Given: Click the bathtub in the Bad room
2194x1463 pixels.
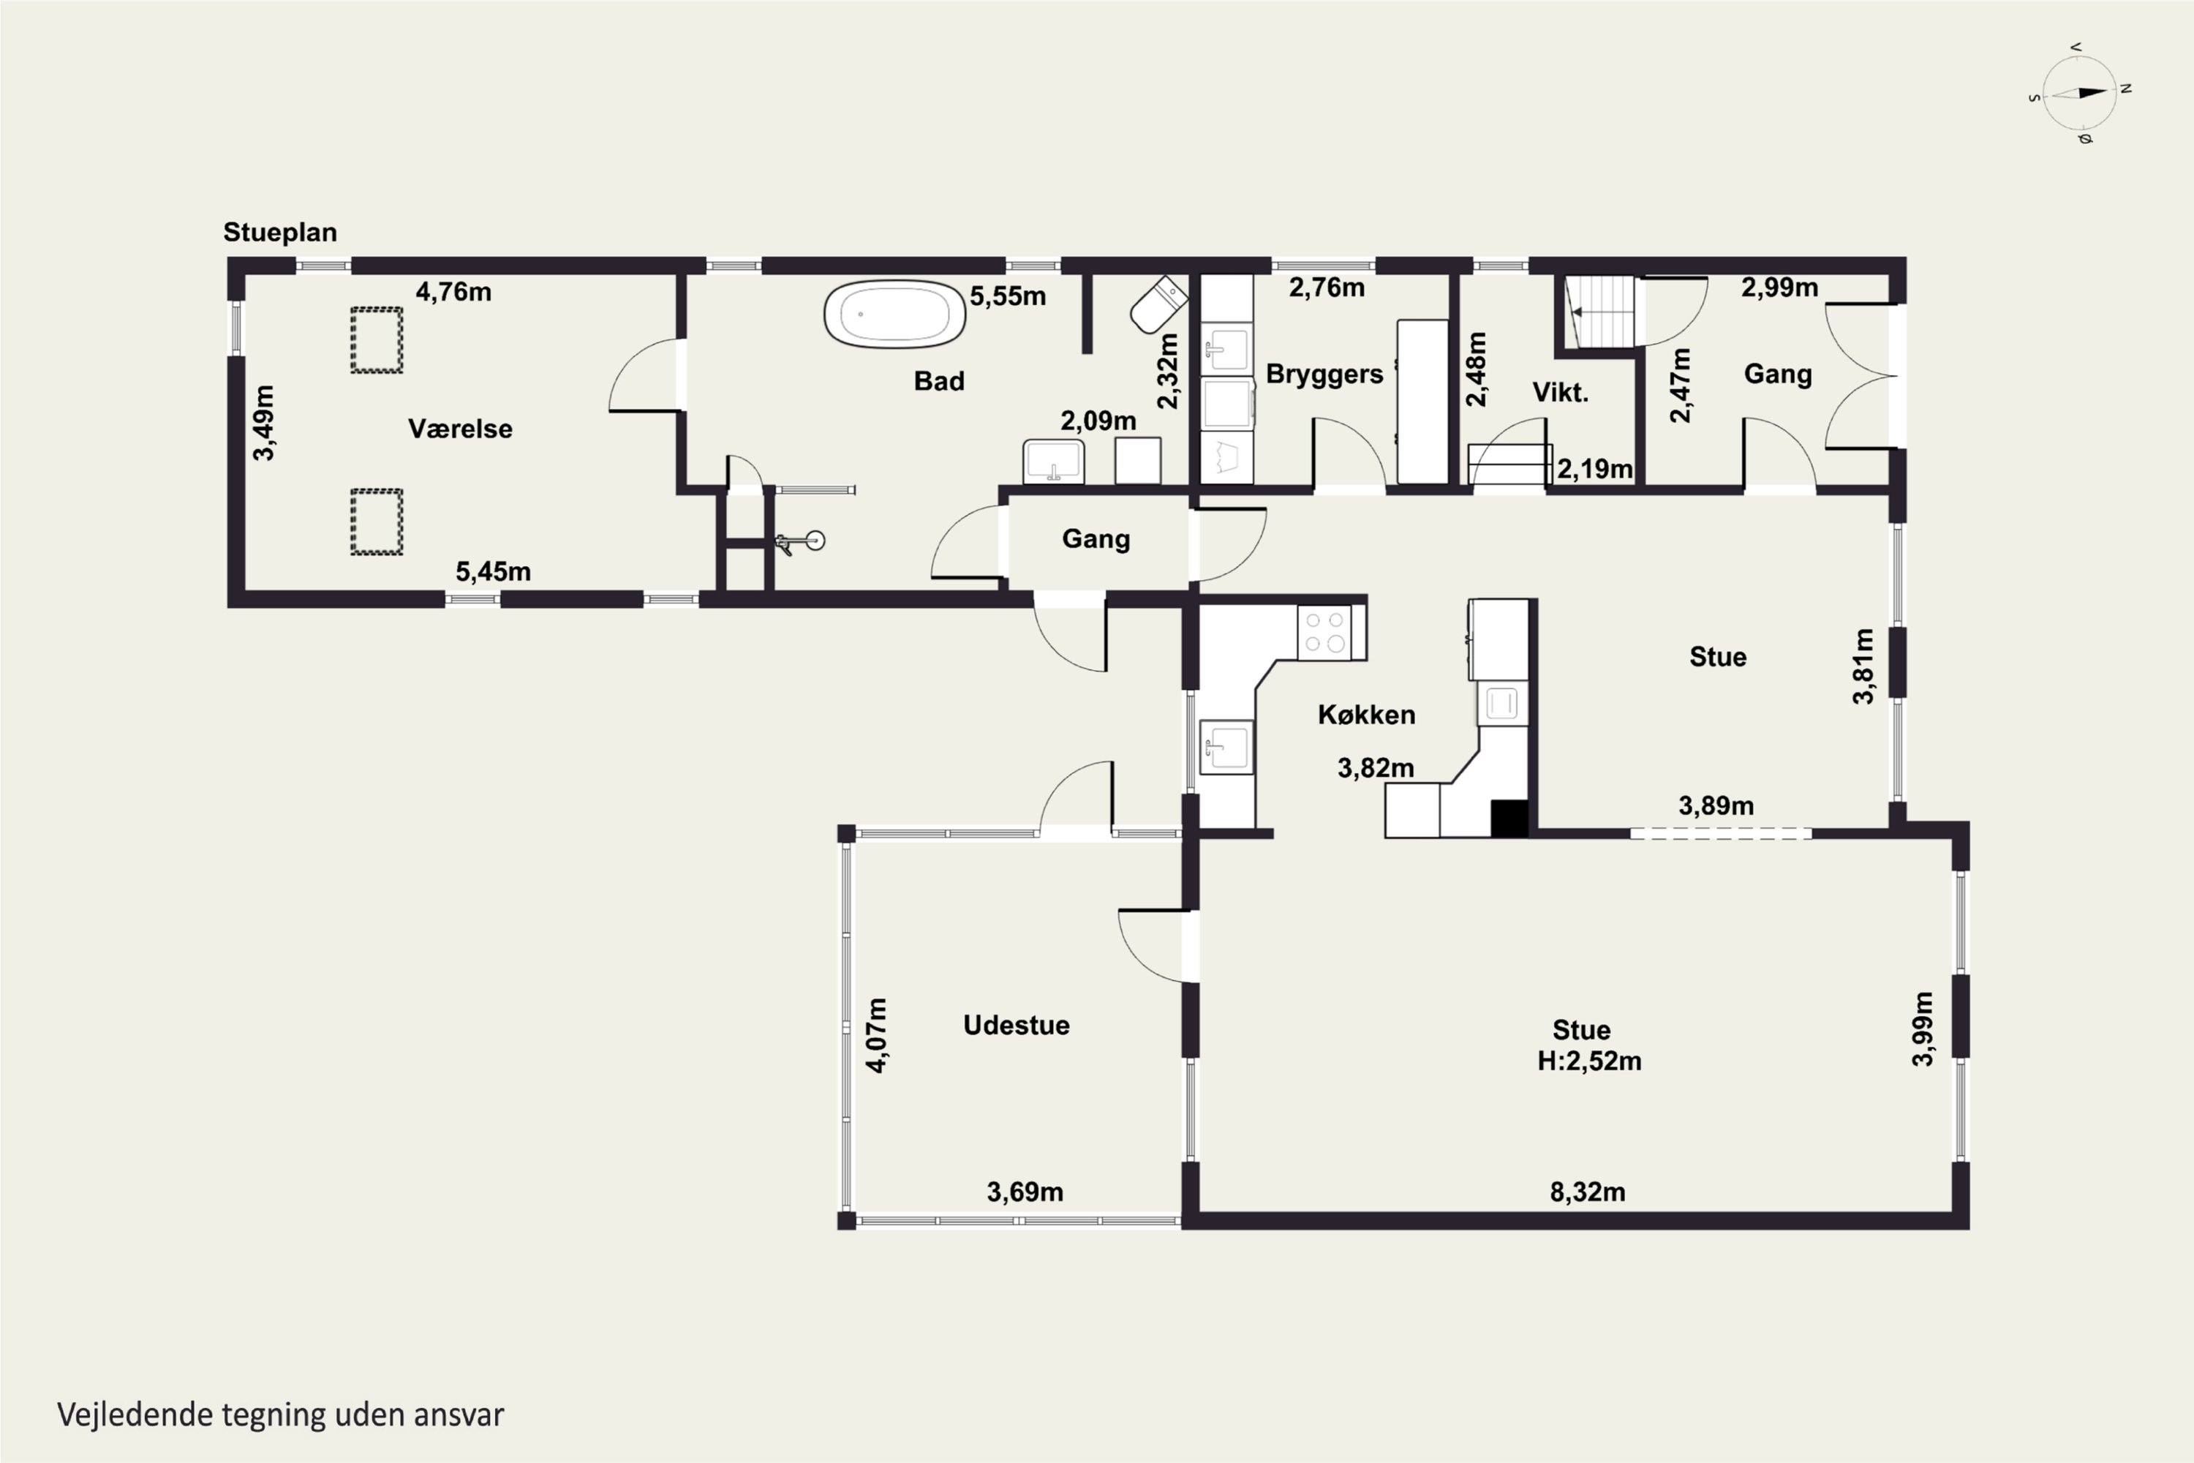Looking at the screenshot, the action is [x=894, y=315].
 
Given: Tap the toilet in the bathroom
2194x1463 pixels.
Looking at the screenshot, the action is [x=1158, y=304].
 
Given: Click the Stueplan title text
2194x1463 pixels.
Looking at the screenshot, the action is [x=280, y=233].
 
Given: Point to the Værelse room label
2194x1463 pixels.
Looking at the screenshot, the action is [x=460, y=429].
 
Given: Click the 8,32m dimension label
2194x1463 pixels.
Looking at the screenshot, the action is [x=1588, y=1192].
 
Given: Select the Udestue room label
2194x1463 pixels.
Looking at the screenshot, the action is [x=1016, y=1026].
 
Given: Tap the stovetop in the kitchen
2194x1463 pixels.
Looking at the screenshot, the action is [x=1324, y=633].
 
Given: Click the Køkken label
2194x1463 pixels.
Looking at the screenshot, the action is [x=1367, y=715].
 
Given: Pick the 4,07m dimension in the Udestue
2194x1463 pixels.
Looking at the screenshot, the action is [x=876, y=1035].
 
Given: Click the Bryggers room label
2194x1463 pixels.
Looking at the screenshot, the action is [x=1324, y=374].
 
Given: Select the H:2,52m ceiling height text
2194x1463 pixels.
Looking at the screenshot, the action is [x=1589, y=1061].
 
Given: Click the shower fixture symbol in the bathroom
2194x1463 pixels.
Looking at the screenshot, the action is [x=800, y=541].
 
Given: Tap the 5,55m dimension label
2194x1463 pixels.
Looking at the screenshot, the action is [x=1008, y=297].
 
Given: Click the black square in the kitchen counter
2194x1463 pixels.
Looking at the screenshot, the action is [x=1509, y=819].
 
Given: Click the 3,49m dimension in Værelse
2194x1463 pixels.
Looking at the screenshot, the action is [x=264, y=423].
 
